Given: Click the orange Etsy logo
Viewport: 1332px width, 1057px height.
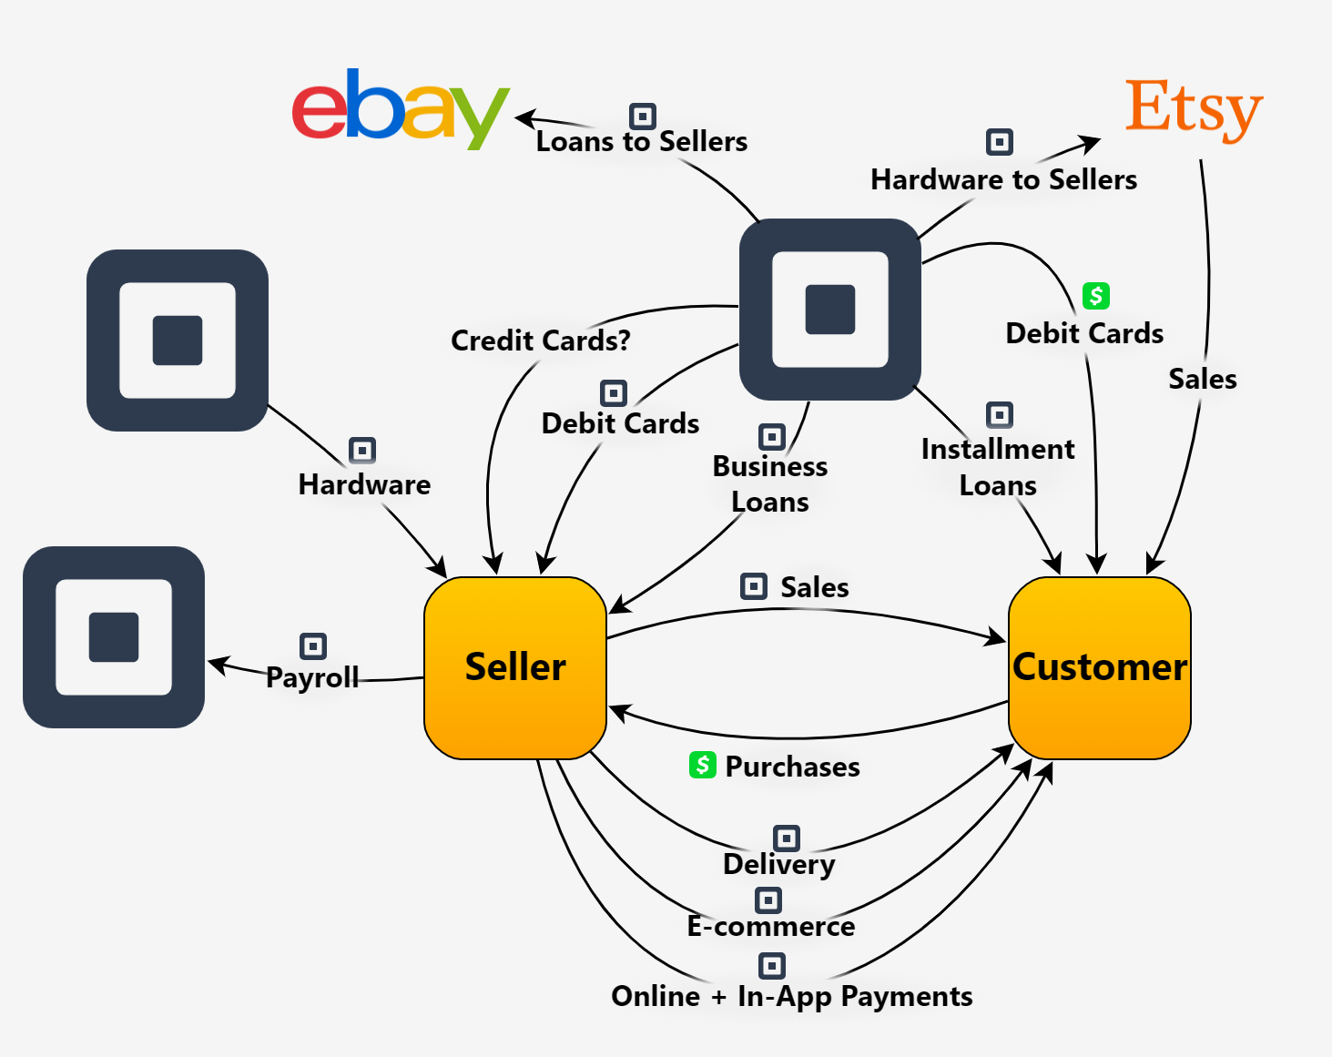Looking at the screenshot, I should coord(1194,108).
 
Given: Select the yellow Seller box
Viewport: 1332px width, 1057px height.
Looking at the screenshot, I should coord(515,667).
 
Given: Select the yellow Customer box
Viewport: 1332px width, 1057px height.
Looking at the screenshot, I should coord(1099,667).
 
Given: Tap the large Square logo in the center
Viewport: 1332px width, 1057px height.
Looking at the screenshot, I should coord(829,310).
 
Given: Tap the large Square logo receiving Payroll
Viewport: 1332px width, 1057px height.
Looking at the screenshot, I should coord(114,637).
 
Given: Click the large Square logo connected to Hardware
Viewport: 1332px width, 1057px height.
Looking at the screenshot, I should coord(178,340).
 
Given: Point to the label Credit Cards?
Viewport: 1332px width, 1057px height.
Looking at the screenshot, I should coord(540,340).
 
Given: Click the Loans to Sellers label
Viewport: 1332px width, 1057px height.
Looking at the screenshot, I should coord(641,142).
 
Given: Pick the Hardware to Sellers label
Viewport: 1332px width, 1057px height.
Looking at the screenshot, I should coord(1003,180).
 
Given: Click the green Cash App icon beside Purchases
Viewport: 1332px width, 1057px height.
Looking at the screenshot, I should coord(702,765).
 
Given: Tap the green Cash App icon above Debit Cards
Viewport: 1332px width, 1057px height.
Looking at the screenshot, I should coord(1096,296).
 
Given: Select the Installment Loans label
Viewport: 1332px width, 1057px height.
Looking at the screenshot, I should coord(998,467).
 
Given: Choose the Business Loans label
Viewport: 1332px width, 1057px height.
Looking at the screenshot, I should coord(770,483).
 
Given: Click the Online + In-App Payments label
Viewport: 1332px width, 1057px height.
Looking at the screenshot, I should coord(791,996).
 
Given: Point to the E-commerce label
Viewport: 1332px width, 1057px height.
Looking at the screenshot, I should coord(771,926).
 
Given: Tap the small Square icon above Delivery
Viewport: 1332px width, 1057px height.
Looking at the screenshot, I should coord(787,838).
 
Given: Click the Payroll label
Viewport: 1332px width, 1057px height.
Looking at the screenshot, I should coord(312,677).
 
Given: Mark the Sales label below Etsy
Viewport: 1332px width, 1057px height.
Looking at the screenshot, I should coord(1203,379).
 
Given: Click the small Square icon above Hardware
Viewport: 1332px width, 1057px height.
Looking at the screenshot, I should coord(362,451).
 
